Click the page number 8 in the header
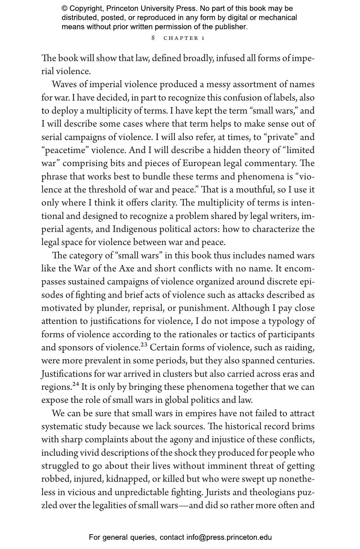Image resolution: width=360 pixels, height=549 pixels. click(153, 38)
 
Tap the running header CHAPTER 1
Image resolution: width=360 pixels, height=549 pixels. click(184, 38)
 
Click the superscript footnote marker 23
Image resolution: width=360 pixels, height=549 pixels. click(144, 345)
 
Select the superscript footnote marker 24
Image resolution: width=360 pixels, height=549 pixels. click(75, 384)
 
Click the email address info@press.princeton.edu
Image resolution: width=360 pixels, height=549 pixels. click(229, 537)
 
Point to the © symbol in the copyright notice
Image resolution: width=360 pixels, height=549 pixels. click(65, 9)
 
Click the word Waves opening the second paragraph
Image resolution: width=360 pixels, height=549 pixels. click(65, 84)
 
